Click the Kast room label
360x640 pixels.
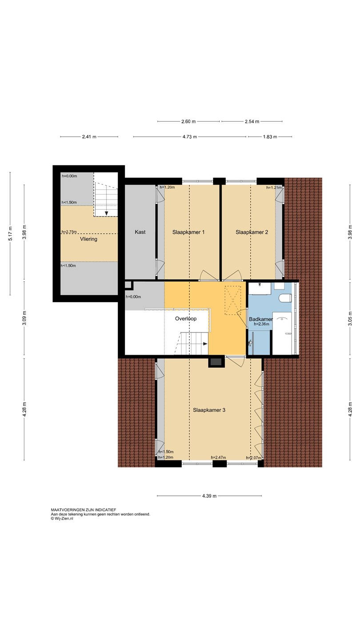[x=140, y=232]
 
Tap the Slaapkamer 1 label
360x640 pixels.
[x=188, y=232]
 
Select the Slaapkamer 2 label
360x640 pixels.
[x=252, y=232]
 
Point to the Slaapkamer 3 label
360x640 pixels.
[x=209, y=410]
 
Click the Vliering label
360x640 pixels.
[x=88, y=239]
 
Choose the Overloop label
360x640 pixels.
[x=186, y=319]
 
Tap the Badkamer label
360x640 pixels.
[x=261, y=319]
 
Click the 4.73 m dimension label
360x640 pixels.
[x=190, y=137]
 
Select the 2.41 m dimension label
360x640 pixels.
[x=89, y=137]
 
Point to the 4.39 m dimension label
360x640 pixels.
[x=209, y=496]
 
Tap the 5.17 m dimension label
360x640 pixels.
[x=10, y=233]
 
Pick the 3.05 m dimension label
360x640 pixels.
[x=350, y=318]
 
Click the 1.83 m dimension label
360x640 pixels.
[x=270, y=137]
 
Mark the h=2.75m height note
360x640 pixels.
[x=69, y=232]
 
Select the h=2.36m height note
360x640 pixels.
[x=261, y=324]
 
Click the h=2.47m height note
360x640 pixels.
[x=218, y=457]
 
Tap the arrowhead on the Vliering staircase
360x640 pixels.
[x=106, y=213]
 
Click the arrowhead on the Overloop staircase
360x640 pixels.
[x=205, y=344]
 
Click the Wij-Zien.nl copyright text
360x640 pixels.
[x=62, y=519]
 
